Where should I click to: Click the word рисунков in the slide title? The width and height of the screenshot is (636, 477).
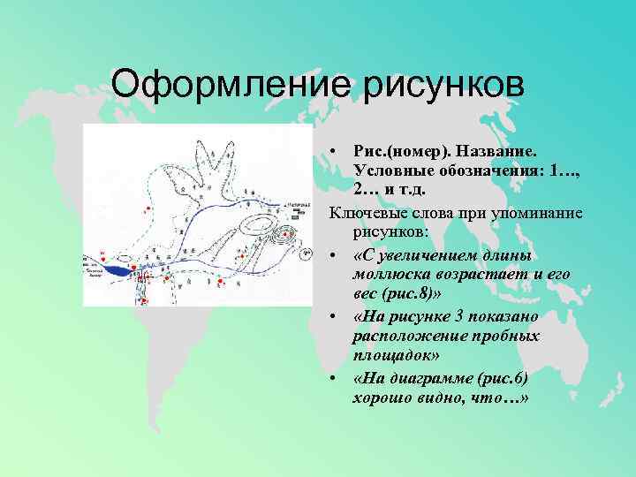(441, 86)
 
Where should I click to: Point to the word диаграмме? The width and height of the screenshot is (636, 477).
(434, 379)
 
